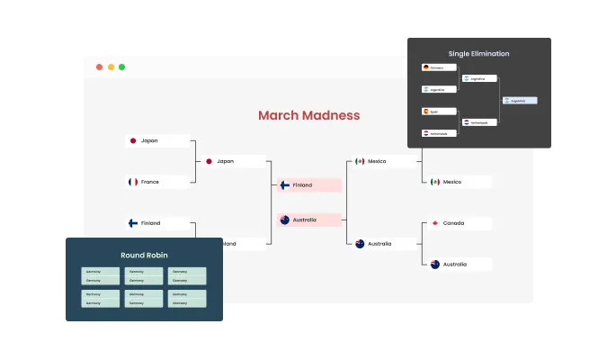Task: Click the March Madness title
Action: pyautogui.click(x=308, y=115)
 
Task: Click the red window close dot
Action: pyautogui.click(x=99, y=67)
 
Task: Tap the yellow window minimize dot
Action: pyautogui.click(x=111, y=67)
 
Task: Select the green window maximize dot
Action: pyautogui.click(x=122, y=67)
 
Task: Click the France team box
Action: pyautogui.click(x=157, y=182)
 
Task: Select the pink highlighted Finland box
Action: pyautogui.click(x=309, y=185)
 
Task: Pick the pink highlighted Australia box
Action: pyautogui.click(x=309, y=220)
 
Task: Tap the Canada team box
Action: pyautogui.click(x=460, y=223)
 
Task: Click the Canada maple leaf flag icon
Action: pyautogui.click(x=435, y=223)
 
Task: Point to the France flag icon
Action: pyautogui.click(x=133, y=182)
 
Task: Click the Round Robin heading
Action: pyautogui.click(x=143, y=256)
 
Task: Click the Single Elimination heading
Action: pyautogui.click(x=478, y=54)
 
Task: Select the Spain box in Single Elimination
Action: pyautogui.click(x=438, y=112)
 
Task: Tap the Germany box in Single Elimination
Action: pyautogui.click(x=438, y=67)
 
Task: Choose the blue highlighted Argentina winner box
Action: pyautogui.click(x=521, y=101)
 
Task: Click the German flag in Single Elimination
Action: pyautogui.click(x=426, y=67)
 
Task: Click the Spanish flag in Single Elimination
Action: pyautogui.click(x=426, y=112)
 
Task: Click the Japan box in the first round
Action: pyautogui.click(x=157, y=140)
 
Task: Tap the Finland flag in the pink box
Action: pyautogui.click(x=284, y=185)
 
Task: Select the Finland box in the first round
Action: pyautogui.click(x=157, y=223)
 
